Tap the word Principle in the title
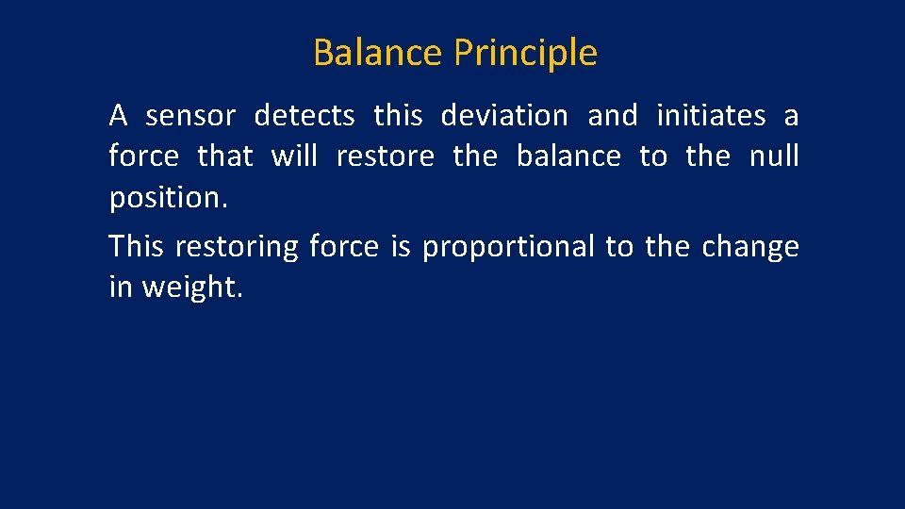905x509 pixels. (525, 54)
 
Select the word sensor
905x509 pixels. (190, 116)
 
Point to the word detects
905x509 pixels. (304, 116)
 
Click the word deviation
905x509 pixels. (504, 116)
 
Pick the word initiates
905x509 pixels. (711, 116)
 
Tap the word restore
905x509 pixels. (385, 156)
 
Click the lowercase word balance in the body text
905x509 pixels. (568, 156)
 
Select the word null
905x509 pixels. (773, 156)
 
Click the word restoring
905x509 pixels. (237, 247)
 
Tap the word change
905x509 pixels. (749, 247)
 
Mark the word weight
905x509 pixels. (192, 287)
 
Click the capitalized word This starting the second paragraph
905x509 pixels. (137, 247)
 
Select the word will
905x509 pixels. (294, 156)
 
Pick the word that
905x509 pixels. (225, 156)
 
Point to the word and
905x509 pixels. (612, 116)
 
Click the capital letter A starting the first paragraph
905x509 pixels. (118, 116)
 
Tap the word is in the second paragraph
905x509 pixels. (401, 247)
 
